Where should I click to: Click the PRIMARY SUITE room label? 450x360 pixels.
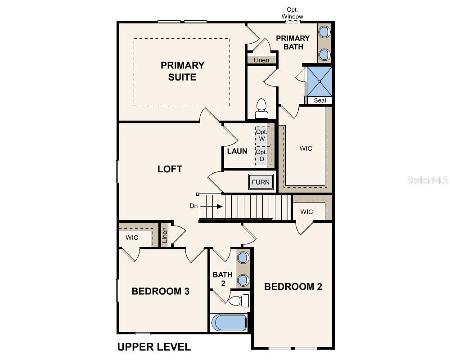click(182, 71)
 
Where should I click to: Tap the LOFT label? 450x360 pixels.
click(170, 169)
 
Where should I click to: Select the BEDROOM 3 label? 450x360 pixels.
click(160, 291)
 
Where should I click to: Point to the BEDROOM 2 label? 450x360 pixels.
click(293, 287)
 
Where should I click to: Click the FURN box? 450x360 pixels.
click(260, 182)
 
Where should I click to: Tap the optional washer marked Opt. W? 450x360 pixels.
click(261, 135)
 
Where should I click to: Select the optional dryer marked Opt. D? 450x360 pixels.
click(261, 155)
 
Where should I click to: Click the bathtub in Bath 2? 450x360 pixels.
click(229, 322)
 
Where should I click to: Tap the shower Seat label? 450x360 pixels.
click(320, 100)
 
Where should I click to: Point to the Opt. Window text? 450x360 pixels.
click(292, 13)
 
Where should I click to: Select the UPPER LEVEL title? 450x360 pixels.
click(154, 347)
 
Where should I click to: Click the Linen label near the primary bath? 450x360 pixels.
click(261, 60)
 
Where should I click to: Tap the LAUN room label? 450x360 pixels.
click(237, 151)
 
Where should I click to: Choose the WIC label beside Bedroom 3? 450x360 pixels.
click(132, 238)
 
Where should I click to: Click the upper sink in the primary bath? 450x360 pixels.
click(324, 32)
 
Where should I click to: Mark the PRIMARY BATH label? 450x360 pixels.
click(292, 42)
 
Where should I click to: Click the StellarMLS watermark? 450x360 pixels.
click(427, 180)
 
